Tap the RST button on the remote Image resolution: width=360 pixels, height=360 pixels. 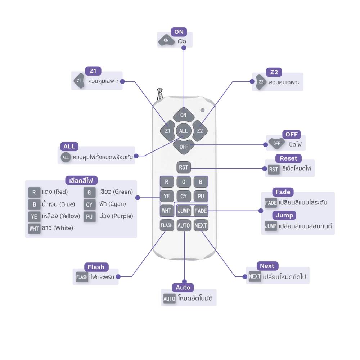pyautogui.click(x=184, y=167)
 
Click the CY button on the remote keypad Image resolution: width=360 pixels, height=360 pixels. pyautogui.click(x=184, y=196)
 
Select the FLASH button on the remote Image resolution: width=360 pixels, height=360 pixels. pyautogui.click(x=167, y=225)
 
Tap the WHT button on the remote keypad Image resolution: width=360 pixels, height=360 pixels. pyautogui.click(x=167, y=211)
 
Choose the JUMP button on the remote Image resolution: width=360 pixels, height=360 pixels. pyautogui.click(x=184, y=211)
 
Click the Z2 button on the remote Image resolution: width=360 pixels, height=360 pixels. pyautogui.click(x=200, y=131)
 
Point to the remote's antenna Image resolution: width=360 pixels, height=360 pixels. pyautogui.click(x=160, y=94)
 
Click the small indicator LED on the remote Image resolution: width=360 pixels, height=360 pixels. pyautogui.click(x=202, y=110)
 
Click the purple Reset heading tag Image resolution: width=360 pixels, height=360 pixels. pyautogui.click(x=289, y=158)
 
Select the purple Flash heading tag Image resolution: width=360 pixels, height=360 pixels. pyautogui.click(x=96, y=267)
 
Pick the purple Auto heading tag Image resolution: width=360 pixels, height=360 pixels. pyautogui.click(x=183, y=287)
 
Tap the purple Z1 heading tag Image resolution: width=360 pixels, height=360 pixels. pyautogui.click(x=93, y=71)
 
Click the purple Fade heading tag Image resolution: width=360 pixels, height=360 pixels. pyautogui.click(x=283, y=192)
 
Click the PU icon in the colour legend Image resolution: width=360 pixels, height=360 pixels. pyautogui.click(x=89, y=216)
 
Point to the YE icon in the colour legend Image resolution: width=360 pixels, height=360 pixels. pyautogui.click(x=34, y=216)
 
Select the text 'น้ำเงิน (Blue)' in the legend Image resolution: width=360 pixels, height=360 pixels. pyautogui.click(x=59, y=204)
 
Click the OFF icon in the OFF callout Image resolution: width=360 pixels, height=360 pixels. pyautogui.click(x=276, y=144)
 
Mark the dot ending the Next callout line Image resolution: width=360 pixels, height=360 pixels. pyautogui.click(x=245, y=277)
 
